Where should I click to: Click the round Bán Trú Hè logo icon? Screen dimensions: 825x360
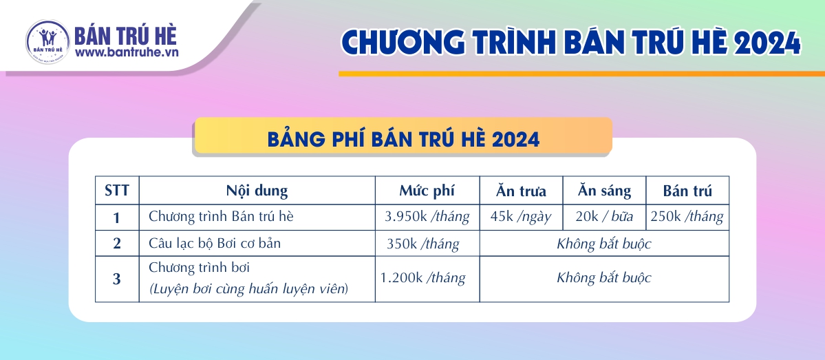[47, 42]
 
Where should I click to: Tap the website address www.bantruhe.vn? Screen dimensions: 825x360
[127, 52]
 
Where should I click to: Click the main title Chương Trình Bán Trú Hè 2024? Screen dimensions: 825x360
[571, 42]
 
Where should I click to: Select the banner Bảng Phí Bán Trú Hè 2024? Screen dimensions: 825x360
[403, 140]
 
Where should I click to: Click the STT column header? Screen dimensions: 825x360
[117, 190]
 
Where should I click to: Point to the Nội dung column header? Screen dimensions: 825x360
[257, 191]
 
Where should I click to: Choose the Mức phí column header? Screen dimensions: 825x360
[427, 191]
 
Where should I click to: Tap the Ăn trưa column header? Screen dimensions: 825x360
[521, 190]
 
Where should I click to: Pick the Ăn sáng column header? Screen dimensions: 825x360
[604, 191]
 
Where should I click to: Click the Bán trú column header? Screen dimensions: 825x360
[687, 190]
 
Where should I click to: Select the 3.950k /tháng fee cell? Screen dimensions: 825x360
[427, 217]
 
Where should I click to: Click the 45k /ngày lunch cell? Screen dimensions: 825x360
[521, 217]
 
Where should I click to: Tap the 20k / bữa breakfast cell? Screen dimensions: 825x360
[604, 217]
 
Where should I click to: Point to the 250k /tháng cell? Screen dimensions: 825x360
[687, 217]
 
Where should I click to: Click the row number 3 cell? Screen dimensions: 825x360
[117, 279]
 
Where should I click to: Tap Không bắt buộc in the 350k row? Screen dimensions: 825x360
[604, 244]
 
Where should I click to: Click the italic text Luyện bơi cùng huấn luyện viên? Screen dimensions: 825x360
[248, 288]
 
